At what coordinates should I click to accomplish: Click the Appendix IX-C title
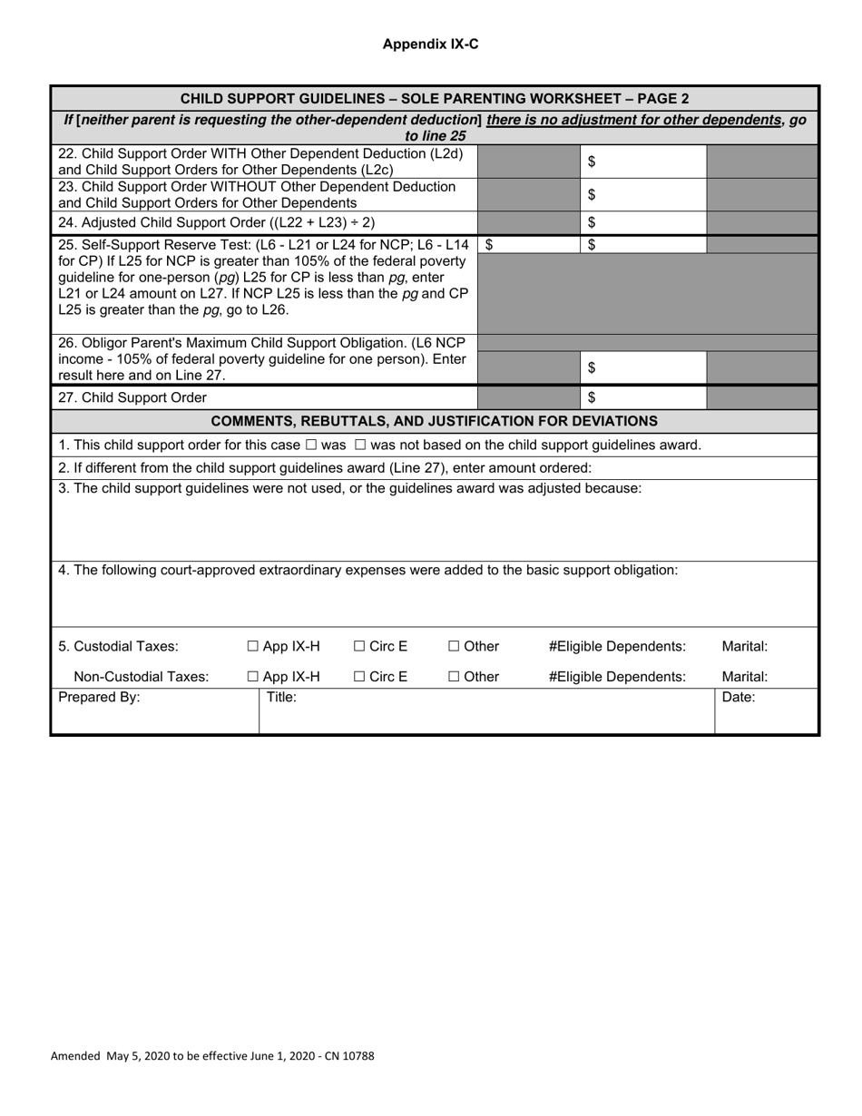tap(430, 44)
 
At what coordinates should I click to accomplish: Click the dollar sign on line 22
tap(592, 162)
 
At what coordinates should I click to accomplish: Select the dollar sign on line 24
tap(592, 222)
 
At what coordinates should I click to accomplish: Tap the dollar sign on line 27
tap(592, 397)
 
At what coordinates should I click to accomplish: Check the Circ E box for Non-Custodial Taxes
tap(359, 677)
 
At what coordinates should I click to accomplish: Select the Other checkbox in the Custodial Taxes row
tap(454, 647)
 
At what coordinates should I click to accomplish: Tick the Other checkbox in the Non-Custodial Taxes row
tap(454, 677)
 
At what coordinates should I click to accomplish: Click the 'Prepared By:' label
tap(99, 698)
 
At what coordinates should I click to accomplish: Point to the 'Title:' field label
tap(282, 698)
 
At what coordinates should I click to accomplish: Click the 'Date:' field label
tap(738, 698)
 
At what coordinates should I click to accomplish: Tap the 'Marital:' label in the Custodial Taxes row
tap(744, 647)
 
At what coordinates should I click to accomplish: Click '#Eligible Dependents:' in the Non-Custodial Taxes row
tap(617, 677)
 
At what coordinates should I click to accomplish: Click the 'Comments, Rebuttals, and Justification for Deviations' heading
tap(434, 421)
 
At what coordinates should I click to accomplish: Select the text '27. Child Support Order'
tap(132, 397)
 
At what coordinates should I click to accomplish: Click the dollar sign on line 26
tap(592, 368)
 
